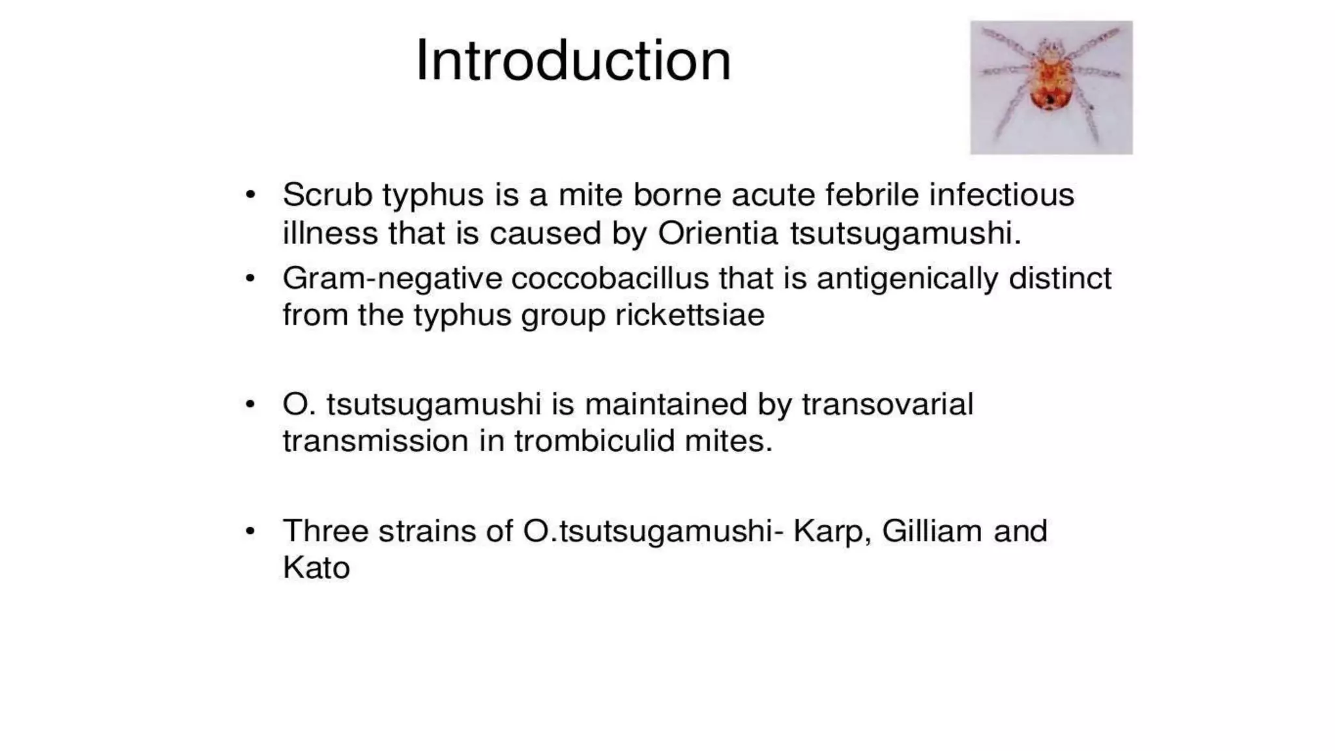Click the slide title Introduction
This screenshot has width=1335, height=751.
pos(573,61)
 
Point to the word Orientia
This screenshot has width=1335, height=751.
pos(718,233)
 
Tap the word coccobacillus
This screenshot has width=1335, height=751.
pos(609,278)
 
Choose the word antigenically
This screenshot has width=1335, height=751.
pos(907,279)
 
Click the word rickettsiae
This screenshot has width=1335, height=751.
pos(690,316)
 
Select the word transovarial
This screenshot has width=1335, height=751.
pos(887,404)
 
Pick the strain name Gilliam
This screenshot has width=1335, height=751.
pos(932,531)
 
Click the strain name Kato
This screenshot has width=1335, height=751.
pos(316,568)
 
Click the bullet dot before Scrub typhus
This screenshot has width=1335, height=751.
pos(250,195)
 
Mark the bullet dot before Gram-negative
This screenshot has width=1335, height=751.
pos(250,279)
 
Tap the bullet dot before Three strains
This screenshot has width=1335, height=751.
pos(250,531)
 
